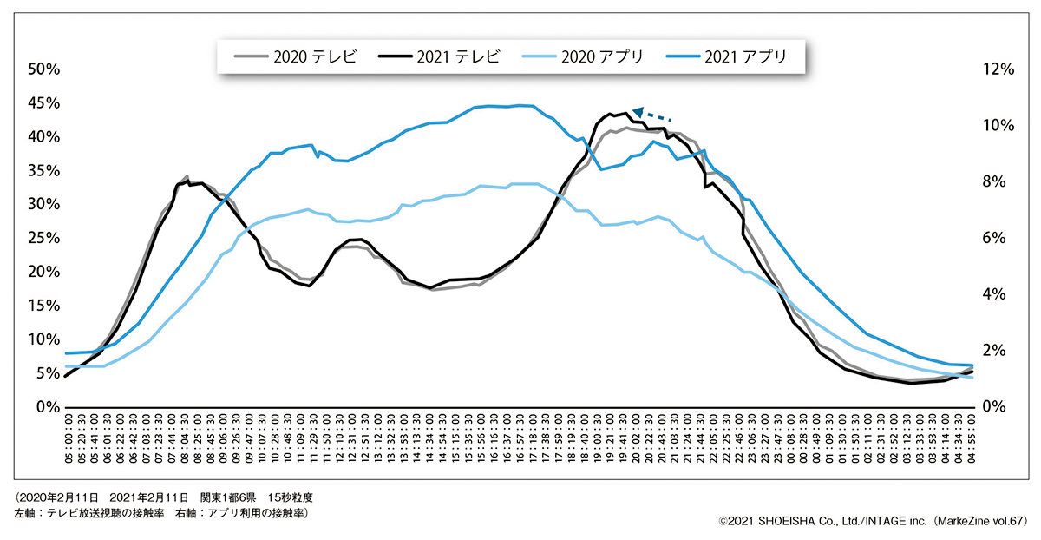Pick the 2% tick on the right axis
[995, 351]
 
